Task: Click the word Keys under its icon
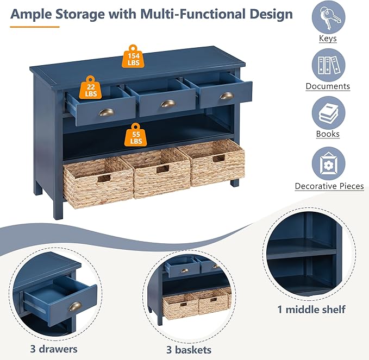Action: point(328,39)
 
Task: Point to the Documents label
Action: point(328,86)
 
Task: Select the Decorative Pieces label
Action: point(329,186)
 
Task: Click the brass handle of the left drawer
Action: point(107,112)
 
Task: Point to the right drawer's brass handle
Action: point(226,96)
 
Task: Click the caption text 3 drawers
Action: point(53,349)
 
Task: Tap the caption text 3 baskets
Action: point(189,350)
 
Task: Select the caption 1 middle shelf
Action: point(310,310)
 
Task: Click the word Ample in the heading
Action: point(32,14)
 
